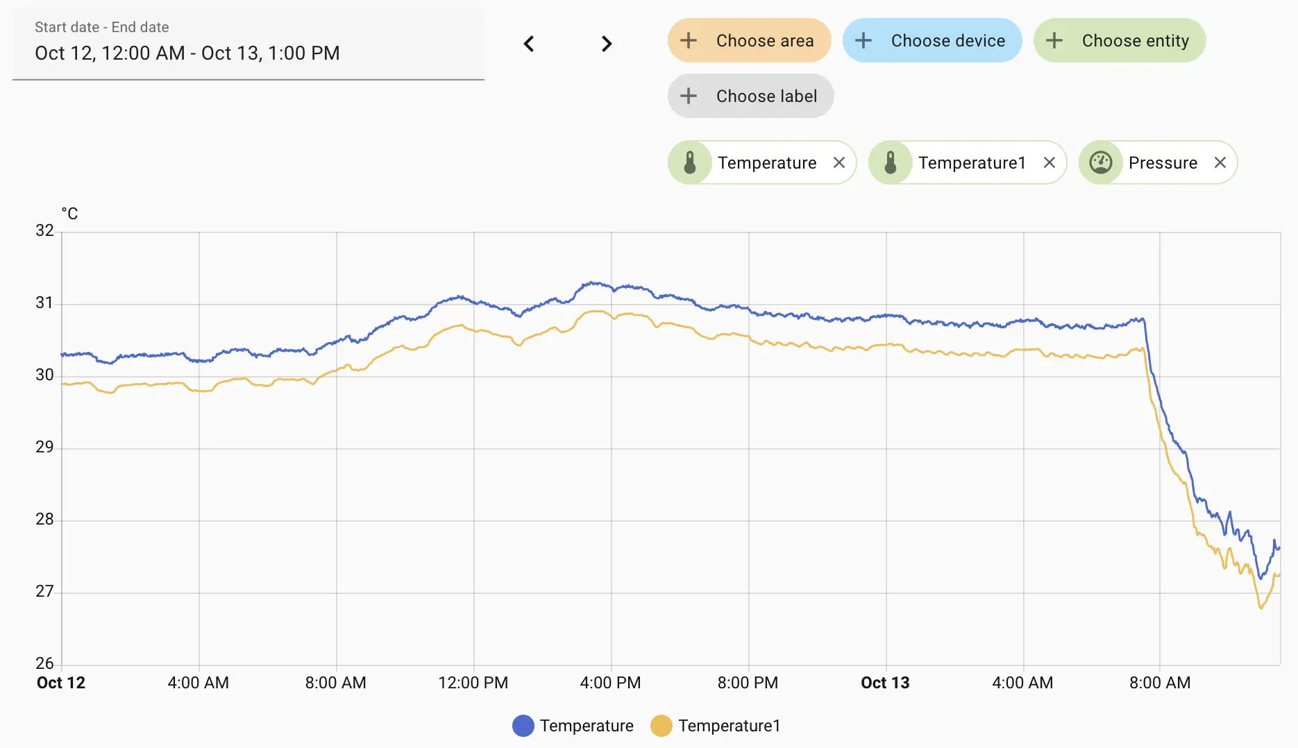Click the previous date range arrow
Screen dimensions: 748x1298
[x=529, y=44]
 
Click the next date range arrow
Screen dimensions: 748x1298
[x=607, y=44]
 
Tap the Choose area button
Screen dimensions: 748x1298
[x=749, y=41]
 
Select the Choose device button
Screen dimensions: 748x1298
[x=932, y=41]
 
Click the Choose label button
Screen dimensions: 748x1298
[x=750, y=96]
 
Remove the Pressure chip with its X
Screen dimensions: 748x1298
[x=1220, y=162]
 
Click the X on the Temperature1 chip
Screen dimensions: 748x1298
[x=1049, y=162]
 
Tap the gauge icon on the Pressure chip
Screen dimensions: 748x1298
[x=1101, y=162]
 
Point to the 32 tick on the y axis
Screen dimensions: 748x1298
[x=44, y=230]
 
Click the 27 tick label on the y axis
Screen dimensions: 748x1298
[x=44, y=591]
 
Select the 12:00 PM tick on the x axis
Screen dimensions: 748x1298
[x=473, y=683]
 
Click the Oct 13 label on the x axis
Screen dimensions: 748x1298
[x=885, y=683]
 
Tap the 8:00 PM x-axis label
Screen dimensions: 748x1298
[x=748, y=683]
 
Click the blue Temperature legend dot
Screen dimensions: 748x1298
[x=523, y=726]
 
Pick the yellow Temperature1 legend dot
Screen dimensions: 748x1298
[x=661, y=726]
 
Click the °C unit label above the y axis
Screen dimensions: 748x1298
[x=69, y=214]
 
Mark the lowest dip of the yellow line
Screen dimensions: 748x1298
[x=1261, y=608]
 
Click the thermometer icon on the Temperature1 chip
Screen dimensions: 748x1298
[x=891, y=162]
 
